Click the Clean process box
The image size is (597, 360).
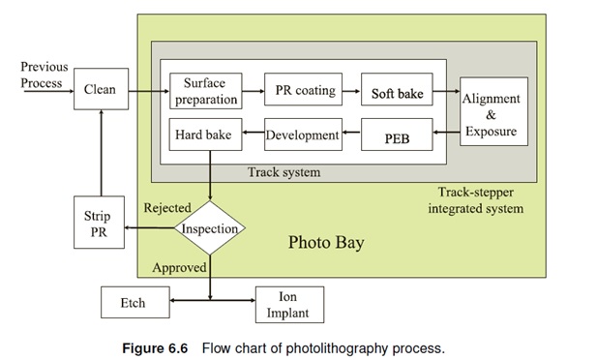point(100,89)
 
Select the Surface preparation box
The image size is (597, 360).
point(204,90)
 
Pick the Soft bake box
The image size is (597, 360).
point(397,93)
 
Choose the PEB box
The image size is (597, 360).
point(397,136)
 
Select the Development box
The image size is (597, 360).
point(303,135)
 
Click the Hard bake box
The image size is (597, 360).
point(204,135)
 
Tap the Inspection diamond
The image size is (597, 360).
point(209,229)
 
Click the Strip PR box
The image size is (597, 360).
point(99,224)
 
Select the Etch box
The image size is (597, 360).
point(134,303)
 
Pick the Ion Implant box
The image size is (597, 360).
point(288,303)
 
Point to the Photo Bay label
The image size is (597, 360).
point(326,242)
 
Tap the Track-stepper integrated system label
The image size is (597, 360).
point(480,200)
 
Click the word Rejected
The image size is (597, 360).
point(167,208)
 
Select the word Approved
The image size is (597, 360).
point(178,267)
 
